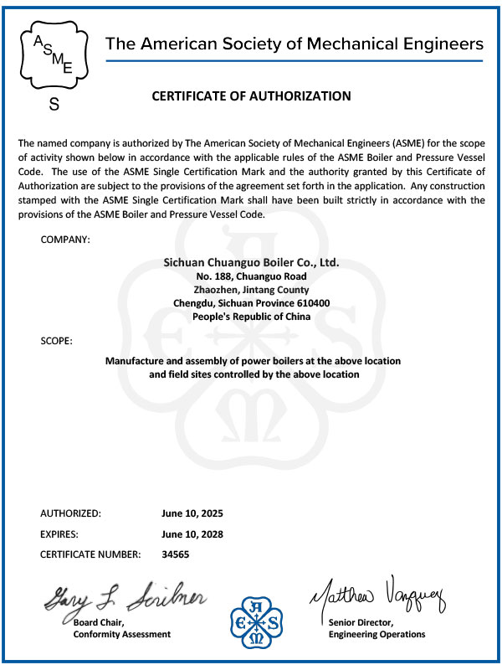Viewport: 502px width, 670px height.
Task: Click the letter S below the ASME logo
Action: click(x=54, y=106)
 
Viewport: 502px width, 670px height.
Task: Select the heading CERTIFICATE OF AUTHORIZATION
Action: click(x=251, y=96)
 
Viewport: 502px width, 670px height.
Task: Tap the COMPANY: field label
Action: click(x=65, y=240)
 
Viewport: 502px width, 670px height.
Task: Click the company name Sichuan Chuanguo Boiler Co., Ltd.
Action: click(x=251, y=262)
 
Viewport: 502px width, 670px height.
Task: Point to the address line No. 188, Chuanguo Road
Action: click(x=251, y=276)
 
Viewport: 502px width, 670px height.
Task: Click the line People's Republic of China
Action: click(x=251, y=317)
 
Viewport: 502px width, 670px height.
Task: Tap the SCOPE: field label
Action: click(x=56, y=341)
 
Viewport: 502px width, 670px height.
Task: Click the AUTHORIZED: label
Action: click(x=71, y=513)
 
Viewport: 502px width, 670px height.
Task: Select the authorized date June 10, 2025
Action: click(x=192, y=513)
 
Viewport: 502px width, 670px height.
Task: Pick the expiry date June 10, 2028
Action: click(x=192, y=533)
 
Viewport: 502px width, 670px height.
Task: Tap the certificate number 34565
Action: click(x=175, y=554)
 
